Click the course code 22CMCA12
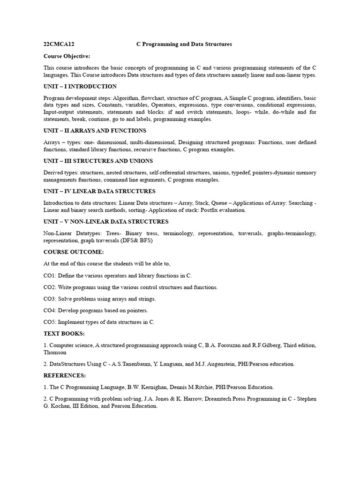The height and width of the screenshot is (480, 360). tap(59, 44)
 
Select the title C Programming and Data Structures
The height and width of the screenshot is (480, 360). tap(184, 44)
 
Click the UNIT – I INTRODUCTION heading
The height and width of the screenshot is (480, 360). tap(80, 87)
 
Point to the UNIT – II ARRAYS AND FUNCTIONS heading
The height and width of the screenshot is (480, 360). tap(95, 130)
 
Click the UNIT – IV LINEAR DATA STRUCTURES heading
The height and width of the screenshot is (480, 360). tap(99, 191)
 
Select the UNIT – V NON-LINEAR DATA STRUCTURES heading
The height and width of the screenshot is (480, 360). tap(106, 222)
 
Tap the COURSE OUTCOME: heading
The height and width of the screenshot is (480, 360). tap(74, 252)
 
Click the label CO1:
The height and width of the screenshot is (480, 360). tap(50, 275)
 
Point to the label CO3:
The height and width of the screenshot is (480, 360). tap(50, 299)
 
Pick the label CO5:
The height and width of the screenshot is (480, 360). tap(50, 322)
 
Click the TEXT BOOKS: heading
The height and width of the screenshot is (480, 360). tap(64, 333)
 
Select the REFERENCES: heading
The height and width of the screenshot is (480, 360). tap(65, 375)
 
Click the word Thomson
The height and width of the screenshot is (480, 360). tap(55, 352)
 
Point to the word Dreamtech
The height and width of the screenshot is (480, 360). tap(202, 399)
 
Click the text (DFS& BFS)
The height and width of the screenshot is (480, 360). tap(136, 240)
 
